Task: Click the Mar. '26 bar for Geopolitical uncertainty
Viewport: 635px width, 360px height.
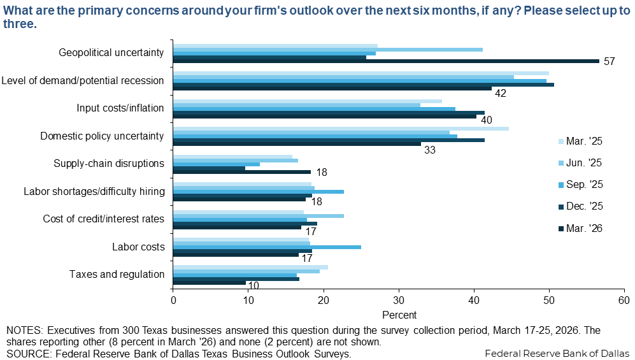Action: point(386,61)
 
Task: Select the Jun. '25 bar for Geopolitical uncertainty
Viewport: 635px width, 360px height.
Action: point(328,49)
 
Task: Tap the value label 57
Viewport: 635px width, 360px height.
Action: point(609,62)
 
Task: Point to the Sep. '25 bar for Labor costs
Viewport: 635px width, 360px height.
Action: point(267,247)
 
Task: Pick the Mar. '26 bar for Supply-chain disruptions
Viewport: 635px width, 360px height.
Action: point(242,172)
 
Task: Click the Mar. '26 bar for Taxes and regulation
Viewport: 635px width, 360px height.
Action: point(210,282)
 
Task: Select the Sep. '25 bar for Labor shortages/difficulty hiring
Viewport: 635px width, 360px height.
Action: point(259,192)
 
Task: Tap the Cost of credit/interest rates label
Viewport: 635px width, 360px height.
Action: point(104,219)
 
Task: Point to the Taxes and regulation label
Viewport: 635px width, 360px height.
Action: point(117,274)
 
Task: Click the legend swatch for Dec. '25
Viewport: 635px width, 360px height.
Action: point(560,206)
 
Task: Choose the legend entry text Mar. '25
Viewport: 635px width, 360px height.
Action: point(584,141)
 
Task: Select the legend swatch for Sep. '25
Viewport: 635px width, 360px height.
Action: point(560,184)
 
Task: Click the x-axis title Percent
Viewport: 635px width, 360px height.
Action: point(399,315)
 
